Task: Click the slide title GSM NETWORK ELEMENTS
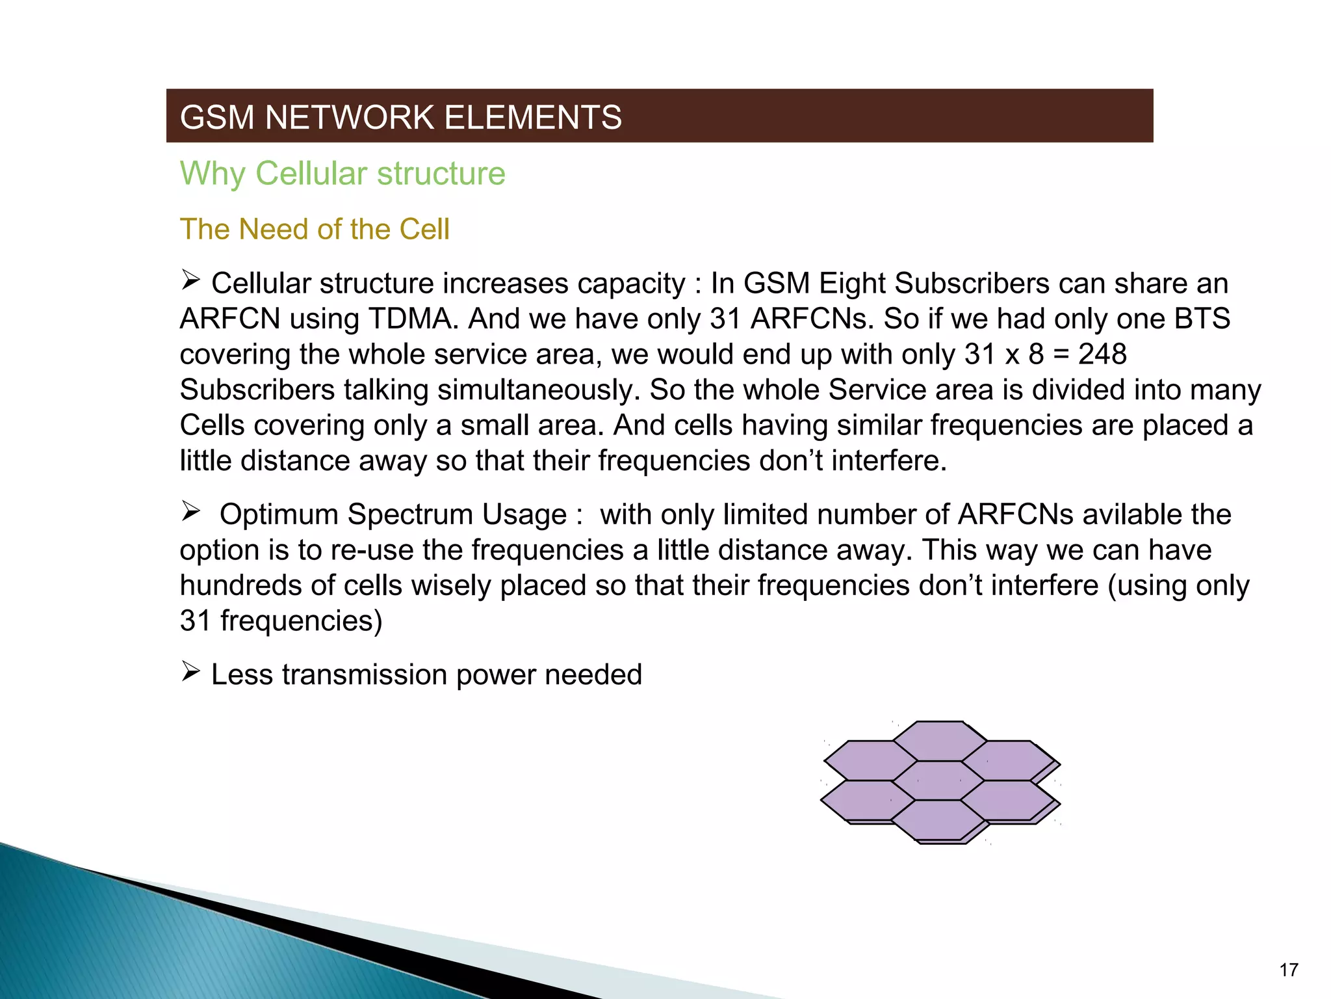[x=400, y=118]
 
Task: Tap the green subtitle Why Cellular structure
[x=342, y=174]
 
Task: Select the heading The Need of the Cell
[x=315, y=229]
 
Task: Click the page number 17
[x=1288, y=970]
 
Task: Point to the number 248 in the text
[x=1102, y=354]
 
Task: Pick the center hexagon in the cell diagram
[x=938, y=780]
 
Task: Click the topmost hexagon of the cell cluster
[x=939, y=741]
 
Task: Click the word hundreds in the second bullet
[x=240, y=585]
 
